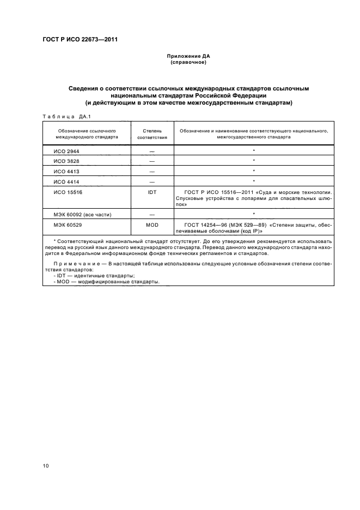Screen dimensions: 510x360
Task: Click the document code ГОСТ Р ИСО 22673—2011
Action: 80,39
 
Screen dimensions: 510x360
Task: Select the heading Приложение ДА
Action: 187,56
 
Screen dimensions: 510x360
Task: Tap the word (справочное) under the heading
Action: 187,62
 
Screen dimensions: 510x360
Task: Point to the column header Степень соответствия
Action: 151,135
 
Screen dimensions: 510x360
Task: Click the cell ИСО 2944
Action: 66,150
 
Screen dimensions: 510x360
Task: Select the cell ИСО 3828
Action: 66,161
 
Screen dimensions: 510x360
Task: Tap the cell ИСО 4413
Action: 66,171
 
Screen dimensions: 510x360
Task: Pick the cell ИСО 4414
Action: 66,181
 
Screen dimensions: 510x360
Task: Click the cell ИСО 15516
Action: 68,192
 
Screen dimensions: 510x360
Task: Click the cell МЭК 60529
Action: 68,224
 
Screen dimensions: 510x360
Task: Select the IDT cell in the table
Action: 151,192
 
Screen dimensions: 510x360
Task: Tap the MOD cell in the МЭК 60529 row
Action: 151,224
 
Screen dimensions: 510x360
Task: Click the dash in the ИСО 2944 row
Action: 151,150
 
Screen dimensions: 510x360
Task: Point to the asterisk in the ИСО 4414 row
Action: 254,181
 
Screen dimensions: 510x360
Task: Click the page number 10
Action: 46,466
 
